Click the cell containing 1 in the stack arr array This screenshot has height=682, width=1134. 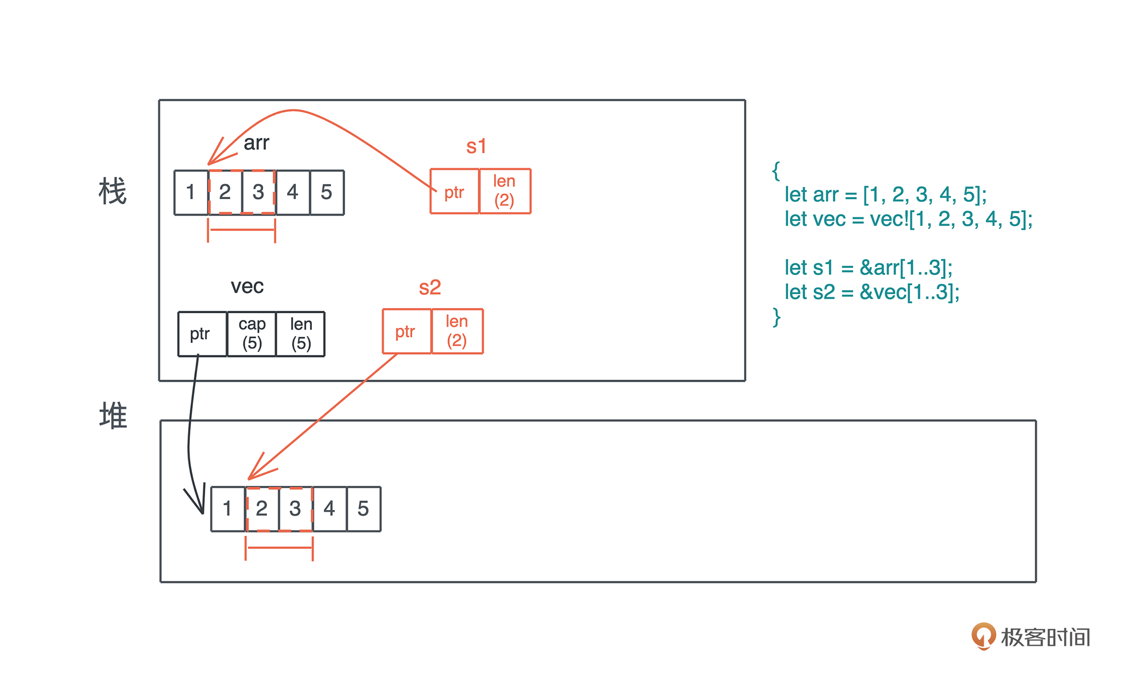pyautogui.click(x=191, y=192)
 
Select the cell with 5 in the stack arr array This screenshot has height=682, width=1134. pyautogui.click(x=327, y=192)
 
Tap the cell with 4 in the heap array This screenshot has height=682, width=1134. pyautogui.click(x=329, y=508)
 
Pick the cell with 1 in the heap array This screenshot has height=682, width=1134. pyautogui.click(x=227, y=508)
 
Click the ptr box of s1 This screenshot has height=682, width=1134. pyautogui.click(x=454, y=192)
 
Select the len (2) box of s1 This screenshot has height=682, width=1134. pyautogui.click(x=505, y=191)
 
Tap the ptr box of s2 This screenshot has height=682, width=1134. pyautogui.click(x=406, y=331)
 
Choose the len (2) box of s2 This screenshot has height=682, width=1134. pyautogui.click(x=457, y=331)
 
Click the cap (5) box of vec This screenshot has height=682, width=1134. pyautogui.click(x=252, y=334)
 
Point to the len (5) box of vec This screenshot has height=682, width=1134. pyautogui.click(x=301, y=334)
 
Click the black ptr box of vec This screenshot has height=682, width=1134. pyautogui.click(x=201, y=334)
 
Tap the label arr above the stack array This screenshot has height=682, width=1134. pyautogui.click(x=257, y=143)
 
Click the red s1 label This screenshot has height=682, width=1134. pyautogui.click(x=476, y=146)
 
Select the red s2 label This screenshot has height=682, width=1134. pyautogui.click(x=430, y=287)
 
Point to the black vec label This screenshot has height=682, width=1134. pyautogui.click(x=247, y=286)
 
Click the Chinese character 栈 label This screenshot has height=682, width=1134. pyautogui.click(x=113, y=191)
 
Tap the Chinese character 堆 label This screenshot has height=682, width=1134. pyautogui.click(x=113, y=415)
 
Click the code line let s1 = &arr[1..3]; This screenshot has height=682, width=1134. pyautogui.click(x=868, y=268)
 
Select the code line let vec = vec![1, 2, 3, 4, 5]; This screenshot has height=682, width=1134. pyautogui.click(x=908, y=219)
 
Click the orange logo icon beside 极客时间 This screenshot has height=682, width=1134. pyautogui.click(x=983, y=636)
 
